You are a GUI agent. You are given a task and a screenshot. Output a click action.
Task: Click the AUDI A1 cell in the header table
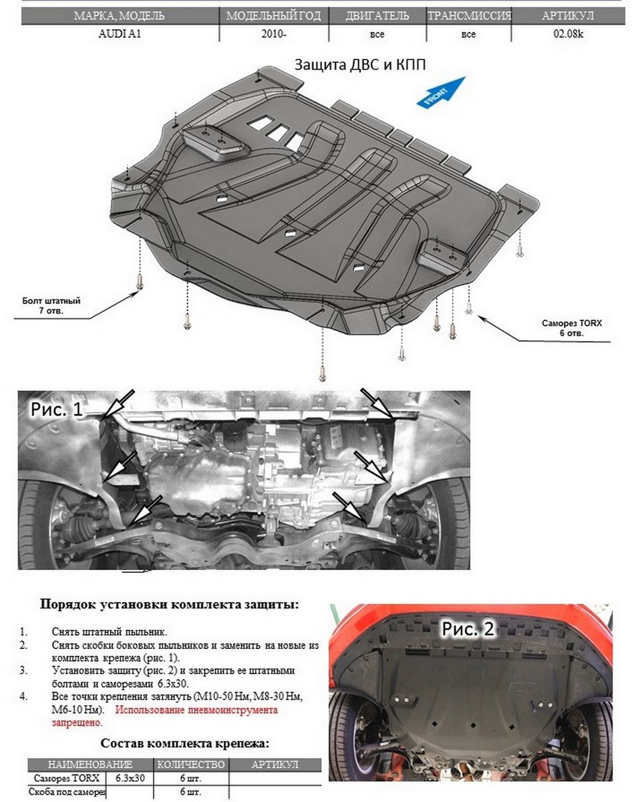pyautogui.click(x=120, y=34)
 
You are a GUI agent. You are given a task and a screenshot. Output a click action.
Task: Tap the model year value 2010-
pyautogui.click(x=274, y=34)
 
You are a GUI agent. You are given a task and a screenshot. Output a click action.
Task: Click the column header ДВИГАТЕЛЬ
pyautogui.click(x=377, y=16)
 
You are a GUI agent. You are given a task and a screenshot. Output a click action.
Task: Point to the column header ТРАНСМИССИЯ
pyautogui.click(x=469, y=16)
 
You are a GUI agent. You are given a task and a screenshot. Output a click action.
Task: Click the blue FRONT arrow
pyautogui.click(x=440, y=92)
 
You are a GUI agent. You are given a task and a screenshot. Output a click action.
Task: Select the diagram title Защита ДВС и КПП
pyautogui.click(x=360, y=65)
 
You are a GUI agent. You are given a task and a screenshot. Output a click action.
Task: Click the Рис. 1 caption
pyautogui.click(x=57, y=408)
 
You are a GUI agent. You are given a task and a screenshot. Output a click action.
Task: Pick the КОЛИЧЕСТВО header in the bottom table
pyautogui.click(x=191, y=765)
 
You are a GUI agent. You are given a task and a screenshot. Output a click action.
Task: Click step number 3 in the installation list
pyautogui.click(x=24, y=670)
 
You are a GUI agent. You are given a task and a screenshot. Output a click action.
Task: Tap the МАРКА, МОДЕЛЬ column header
pyautogui.click(x=120, y=16)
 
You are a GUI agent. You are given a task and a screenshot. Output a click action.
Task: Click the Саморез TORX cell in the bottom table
pyautogui.click(x=65, y=779)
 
